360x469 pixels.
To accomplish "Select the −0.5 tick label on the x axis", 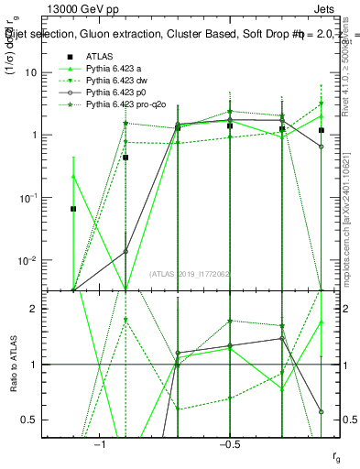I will tap(229, 444).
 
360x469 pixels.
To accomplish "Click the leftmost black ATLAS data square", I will tap(73, 209).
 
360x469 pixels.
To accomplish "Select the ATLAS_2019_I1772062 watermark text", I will tap(191, 273).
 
